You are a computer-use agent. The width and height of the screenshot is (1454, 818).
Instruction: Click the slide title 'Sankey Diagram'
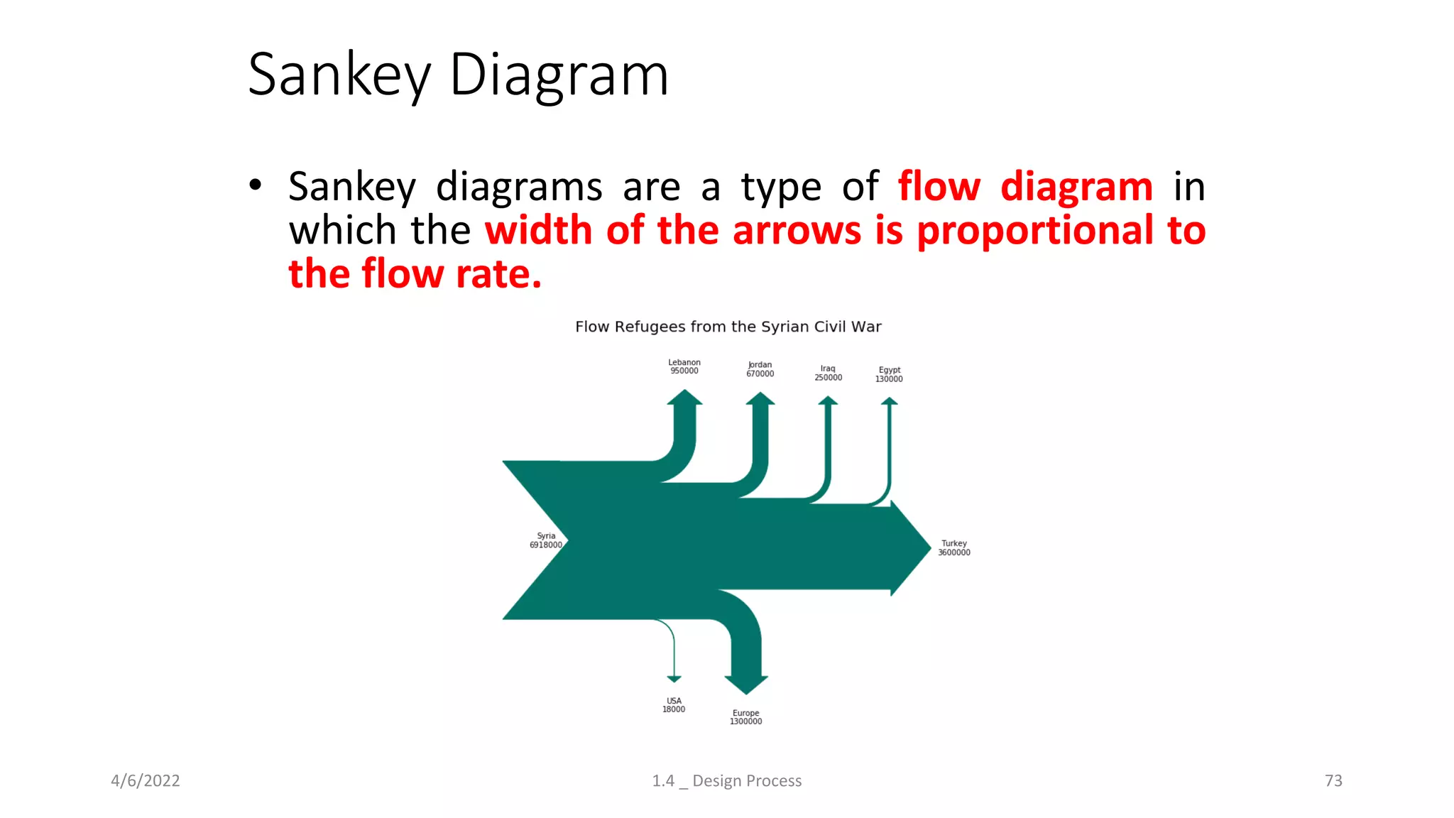pyautogui.click(x=458, y=75)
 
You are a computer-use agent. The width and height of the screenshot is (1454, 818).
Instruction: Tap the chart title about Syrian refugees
pyautogui.click(x=728, y=327)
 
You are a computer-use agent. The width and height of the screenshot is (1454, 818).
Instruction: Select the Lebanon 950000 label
pyautogui.click(x=684, y=366)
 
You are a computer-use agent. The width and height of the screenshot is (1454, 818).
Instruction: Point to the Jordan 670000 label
pyautogui.click(x=760, y=369)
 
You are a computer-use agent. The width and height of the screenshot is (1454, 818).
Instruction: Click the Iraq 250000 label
pyautogui.click(x=828, y=373)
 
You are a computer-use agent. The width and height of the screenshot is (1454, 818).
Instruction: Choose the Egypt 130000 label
pyautogui.click(x=889, y=374)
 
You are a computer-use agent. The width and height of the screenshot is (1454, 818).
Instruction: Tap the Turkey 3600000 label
pyautogui.click(x=953, y=548)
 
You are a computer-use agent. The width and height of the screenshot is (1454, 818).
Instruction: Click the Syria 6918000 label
pyautogui.click(x=546, y=540)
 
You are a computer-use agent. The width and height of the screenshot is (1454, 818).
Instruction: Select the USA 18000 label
pyautogui.click(x=674, y=705)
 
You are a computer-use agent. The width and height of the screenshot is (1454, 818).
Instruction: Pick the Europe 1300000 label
pyautogui.click(x=745, y=717)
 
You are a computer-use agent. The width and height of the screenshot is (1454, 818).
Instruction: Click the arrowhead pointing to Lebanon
pyautogui.click(x=684, y=398)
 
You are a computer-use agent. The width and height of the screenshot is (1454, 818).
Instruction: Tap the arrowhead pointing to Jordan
pyautogui.click(x=760, y=399)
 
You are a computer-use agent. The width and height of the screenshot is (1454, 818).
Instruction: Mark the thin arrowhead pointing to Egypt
pyautogui.click(x=890, y=401)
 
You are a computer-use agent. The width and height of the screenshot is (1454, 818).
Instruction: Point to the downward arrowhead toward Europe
pyautogui.click(x=746, y=684)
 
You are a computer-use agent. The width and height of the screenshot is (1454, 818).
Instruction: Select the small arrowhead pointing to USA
pyautogui.click(x=674, y=679)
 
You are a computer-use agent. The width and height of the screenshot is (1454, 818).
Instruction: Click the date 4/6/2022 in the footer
pyautogui.click(x=146, y=781)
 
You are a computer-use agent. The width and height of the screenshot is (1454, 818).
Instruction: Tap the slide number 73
pyautogui.click(x=1333, y=781)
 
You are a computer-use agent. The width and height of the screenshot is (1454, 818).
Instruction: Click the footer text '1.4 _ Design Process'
pyautogui.click(x=727, y=781)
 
